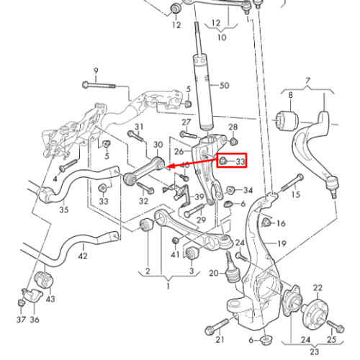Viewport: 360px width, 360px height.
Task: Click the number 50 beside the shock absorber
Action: [225, 86]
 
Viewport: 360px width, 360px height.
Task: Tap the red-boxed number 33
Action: [240, 161]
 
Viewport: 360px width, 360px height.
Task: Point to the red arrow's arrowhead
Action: [168, 166]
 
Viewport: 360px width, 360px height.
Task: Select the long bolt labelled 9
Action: [99, 85]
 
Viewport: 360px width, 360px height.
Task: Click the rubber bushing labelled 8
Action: [287, 121]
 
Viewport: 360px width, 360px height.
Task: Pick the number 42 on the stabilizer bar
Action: [83, 256]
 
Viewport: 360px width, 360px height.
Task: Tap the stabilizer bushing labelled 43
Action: [45, 280]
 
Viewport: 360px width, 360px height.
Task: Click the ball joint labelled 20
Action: [231, 269]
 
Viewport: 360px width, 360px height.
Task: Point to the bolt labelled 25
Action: [336, 325]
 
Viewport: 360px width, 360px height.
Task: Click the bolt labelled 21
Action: [220, 325]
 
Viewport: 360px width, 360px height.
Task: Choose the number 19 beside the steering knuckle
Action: [282, 243]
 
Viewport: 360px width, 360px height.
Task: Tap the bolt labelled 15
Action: [291, 183]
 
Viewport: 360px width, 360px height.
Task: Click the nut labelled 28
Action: [233, 141]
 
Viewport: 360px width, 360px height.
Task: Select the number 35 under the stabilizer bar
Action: [64, 210]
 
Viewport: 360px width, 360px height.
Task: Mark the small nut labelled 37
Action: [21, 302]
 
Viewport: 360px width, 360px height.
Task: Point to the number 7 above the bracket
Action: [307, 81]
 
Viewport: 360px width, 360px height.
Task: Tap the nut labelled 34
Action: [230, 190]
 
